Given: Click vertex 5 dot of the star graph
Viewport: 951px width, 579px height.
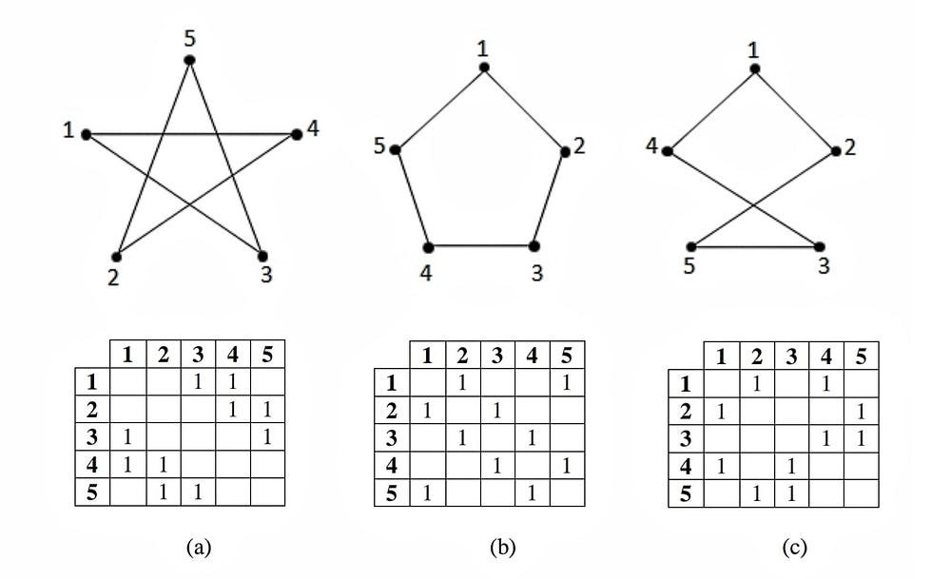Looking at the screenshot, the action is coord(189,60).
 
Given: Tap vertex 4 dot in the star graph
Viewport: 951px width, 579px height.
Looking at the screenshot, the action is coord(297,134).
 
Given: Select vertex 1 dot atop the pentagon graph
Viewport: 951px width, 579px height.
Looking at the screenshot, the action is coord(484,68).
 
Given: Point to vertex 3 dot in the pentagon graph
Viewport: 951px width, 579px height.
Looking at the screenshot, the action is coord(534,245).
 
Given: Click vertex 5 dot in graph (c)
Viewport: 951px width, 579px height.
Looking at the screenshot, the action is coord(691,246).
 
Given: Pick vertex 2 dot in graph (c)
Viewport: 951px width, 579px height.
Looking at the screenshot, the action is coord(837,151).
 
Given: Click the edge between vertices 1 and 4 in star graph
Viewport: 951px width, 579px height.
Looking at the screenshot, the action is coord(190,134).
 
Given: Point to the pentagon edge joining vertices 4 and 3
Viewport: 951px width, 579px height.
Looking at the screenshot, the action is coord(481,245).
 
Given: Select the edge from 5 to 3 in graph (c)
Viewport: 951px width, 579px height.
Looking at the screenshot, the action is coord(757,246).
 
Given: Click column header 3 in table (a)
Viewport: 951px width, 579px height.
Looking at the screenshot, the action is coord(198,356).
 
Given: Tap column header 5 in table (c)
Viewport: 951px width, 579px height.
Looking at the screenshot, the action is coord(860,357).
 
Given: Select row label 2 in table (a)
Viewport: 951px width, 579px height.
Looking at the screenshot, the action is coord(93,410).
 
